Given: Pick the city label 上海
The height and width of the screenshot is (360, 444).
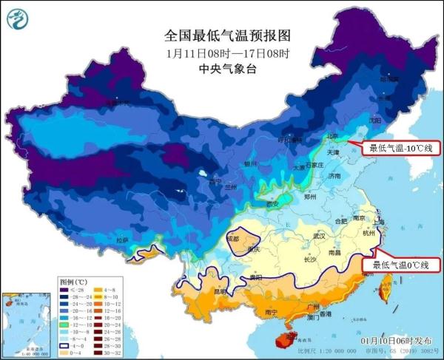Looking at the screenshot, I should coord(380,222).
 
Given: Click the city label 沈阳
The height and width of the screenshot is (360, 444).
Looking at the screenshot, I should coord(375,120).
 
